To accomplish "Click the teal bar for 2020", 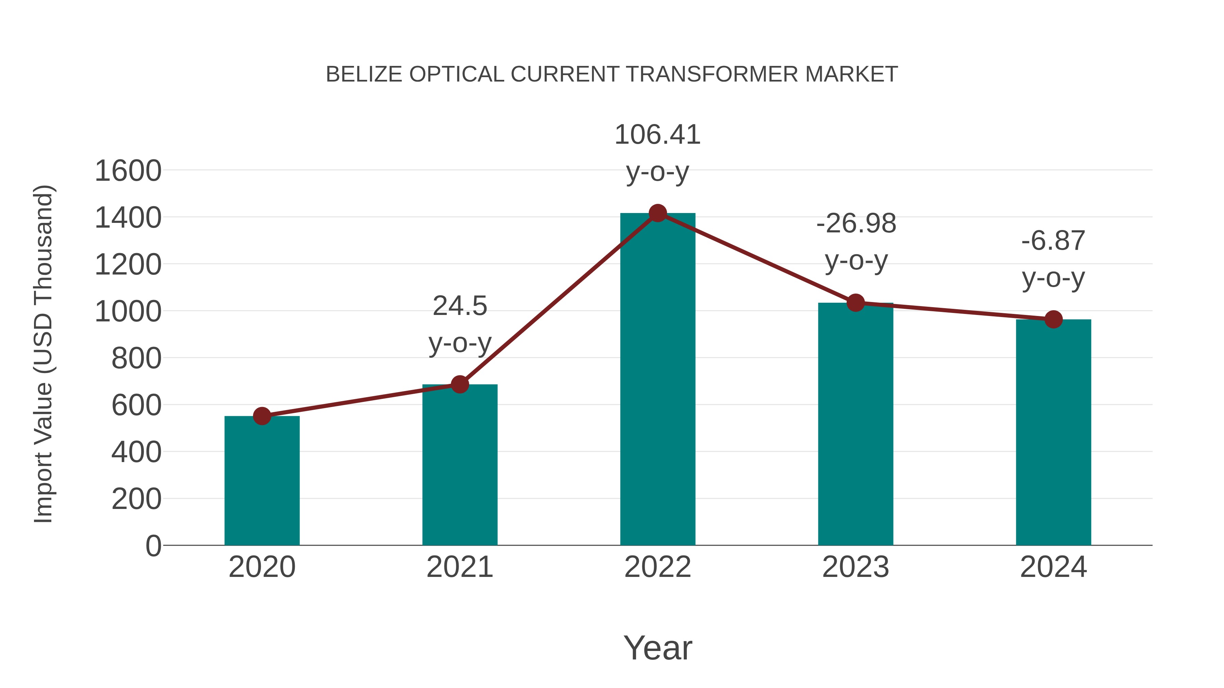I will (x=262, y=480).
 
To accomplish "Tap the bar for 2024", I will (x=1053, y=432).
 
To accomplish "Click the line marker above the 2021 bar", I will (x=459, y=384).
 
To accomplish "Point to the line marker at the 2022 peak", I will (x=658, y=213).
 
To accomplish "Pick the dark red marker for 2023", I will (x=856, y=302).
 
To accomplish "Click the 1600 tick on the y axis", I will (x=128, y=171).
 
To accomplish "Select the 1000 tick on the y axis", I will (x=128, y=312).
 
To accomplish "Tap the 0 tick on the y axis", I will (x=153, y=546).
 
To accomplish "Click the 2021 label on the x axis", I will (x=459, y=567).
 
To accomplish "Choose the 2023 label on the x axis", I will (x=856, y=567).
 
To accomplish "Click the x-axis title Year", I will (x=658, y=648).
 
